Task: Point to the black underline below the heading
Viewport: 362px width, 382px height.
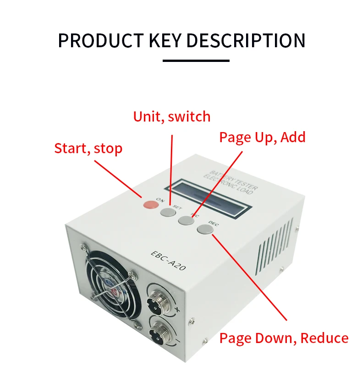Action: (196, 61)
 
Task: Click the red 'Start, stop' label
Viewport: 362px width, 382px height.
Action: (88, 149)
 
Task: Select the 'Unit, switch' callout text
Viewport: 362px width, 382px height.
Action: (172, 116)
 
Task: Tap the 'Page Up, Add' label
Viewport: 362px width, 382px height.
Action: (262, 137)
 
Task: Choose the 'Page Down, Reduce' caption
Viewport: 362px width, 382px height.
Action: (284, 338)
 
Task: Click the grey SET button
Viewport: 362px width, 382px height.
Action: (168, 212)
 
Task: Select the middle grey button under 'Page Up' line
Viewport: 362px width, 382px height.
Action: (186, 220)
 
